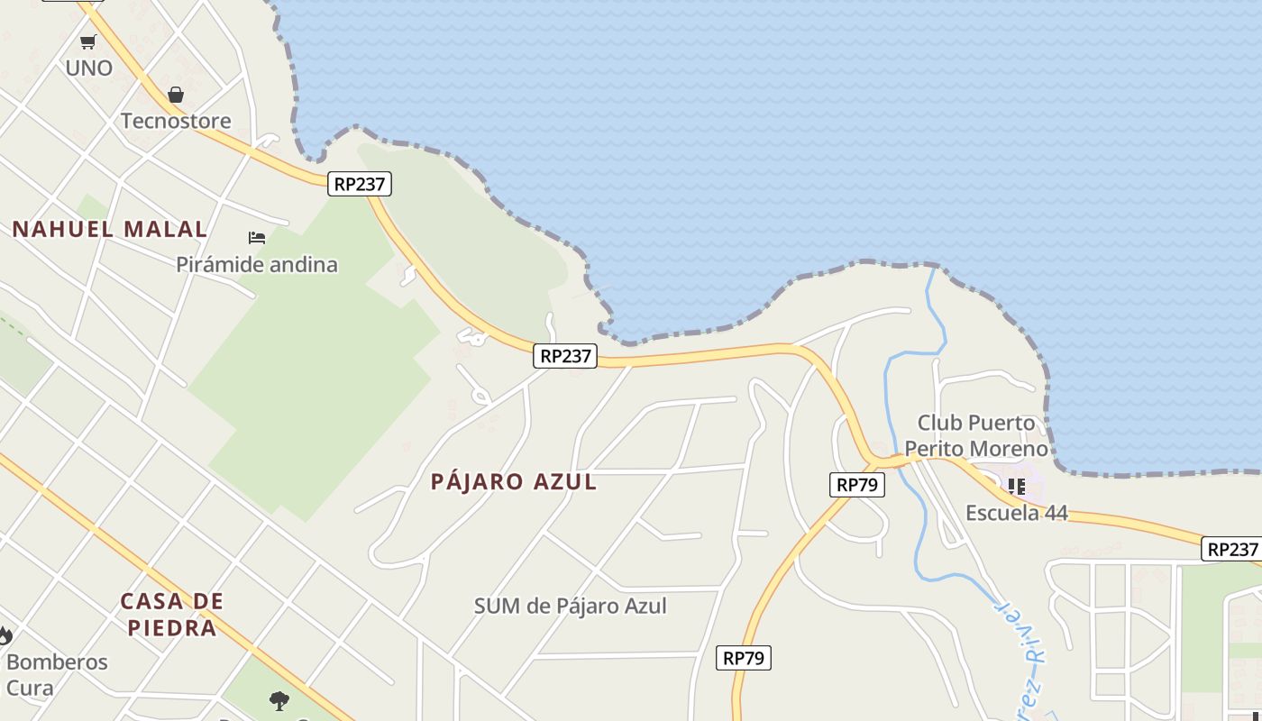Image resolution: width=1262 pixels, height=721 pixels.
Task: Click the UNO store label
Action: [x=88, y=68]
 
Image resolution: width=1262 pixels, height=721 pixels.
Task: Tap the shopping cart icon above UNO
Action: [x=88, y=41]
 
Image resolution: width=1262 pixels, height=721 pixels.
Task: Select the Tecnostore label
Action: [x=176, y=121]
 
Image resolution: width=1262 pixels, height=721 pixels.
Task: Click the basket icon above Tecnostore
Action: [x=176, y=95]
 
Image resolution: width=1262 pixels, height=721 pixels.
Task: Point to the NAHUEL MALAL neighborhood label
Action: [x=110, y=229]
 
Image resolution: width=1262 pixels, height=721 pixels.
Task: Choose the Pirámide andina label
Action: [x=257, y=265]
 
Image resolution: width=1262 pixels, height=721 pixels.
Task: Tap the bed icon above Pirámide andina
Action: [x=257, y=238]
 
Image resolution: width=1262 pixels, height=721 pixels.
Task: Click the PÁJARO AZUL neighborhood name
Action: [x=514, y=481]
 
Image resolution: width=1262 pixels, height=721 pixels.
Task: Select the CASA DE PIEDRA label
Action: [x=172, y=614]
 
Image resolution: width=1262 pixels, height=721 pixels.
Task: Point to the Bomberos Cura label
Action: [x=56, y=674]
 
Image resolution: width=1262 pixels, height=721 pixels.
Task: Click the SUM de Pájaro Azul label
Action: [x=571, y=606]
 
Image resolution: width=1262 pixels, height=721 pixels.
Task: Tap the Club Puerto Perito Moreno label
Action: [x=976, y=435]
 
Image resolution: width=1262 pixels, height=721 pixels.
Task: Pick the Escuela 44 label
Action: [x=1017, y=513]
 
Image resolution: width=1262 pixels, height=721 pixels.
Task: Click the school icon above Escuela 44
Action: [x=1017, y=487]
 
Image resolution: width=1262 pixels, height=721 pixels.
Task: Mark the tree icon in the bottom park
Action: [x=279, y=699]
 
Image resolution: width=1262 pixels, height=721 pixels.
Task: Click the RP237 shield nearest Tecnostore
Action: [x=360, y=184]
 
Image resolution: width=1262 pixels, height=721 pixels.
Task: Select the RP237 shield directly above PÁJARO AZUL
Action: [x=565, y=356]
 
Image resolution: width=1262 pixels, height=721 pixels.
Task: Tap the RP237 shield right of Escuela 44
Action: [x=1232, y=549]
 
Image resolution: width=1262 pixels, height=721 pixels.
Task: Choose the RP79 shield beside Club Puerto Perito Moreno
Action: [x=856, y=484]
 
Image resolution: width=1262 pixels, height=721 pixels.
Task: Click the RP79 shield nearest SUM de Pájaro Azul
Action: [x=744, y=658]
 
